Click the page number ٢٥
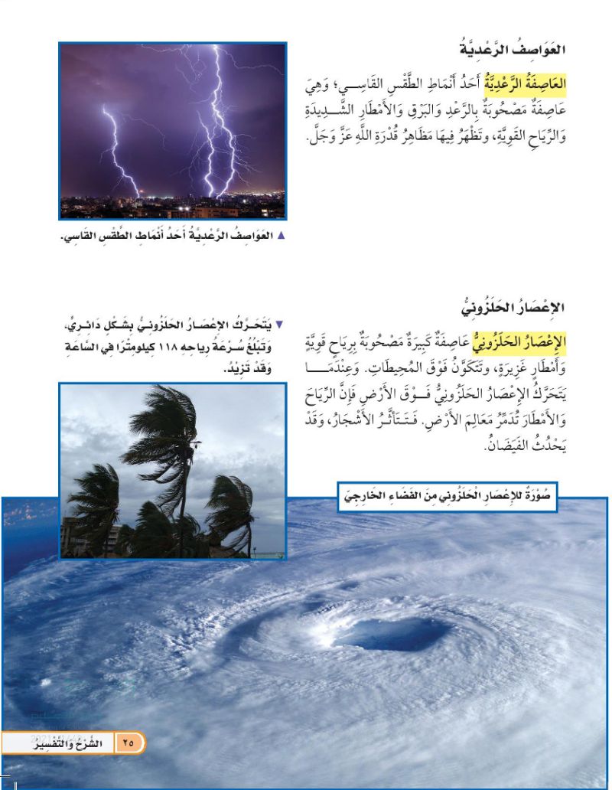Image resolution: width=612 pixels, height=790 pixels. pyautogui.click(x=128, y=742)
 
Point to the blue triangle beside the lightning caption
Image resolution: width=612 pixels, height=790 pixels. pyautogui.click(x=282, y=236)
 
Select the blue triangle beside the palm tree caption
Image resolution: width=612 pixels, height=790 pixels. pyautogui.click(x=278, y=325)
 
